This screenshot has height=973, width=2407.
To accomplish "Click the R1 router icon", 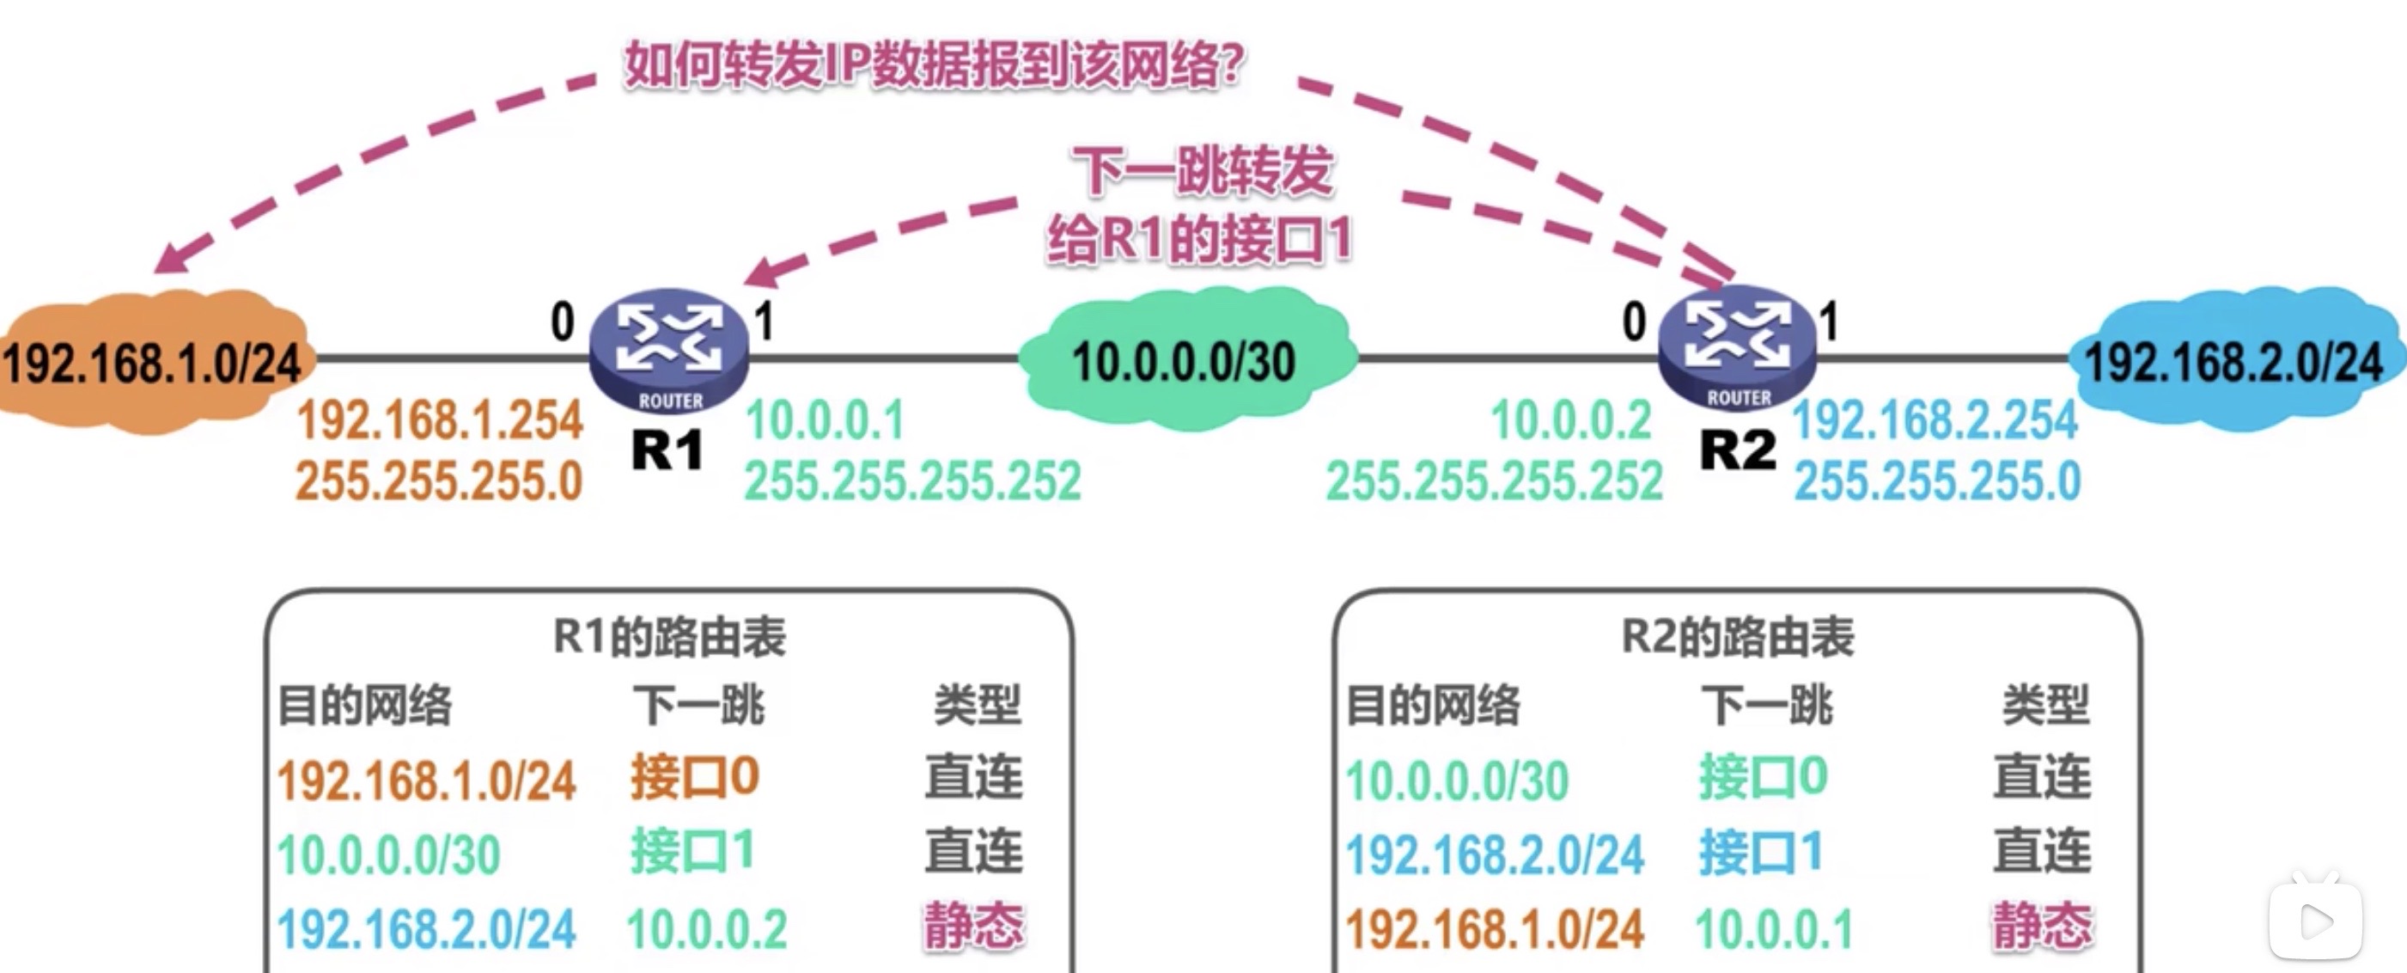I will point(669,350).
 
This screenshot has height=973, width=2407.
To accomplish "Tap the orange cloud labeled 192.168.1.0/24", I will point(152,363).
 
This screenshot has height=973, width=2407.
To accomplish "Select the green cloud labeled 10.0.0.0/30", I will point(1185,361).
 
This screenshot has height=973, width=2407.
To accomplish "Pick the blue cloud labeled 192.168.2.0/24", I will point(2234,361).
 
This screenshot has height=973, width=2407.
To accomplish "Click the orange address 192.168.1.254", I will point(440,419).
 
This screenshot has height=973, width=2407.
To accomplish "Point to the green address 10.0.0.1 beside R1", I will point(825,419).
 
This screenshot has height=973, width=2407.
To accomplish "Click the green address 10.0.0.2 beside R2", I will point(1572,419).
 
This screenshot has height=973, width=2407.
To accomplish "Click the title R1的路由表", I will point(669,638).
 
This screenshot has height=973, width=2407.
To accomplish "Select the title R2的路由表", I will point(1737,638).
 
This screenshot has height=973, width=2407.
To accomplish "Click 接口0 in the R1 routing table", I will point(694,778).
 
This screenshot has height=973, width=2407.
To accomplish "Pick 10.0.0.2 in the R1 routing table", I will point(707,929).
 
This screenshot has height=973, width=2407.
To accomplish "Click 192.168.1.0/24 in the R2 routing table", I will point(1494,929).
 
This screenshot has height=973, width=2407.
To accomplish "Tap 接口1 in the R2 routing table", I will point(1761,853).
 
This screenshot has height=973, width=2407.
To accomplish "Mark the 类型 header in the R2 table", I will point(2045,705).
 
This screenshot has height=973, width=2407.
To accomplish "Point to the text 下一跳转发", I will point(1203,171).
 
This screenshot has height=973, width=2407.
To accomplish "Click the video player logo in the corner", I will point(2315,919).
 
